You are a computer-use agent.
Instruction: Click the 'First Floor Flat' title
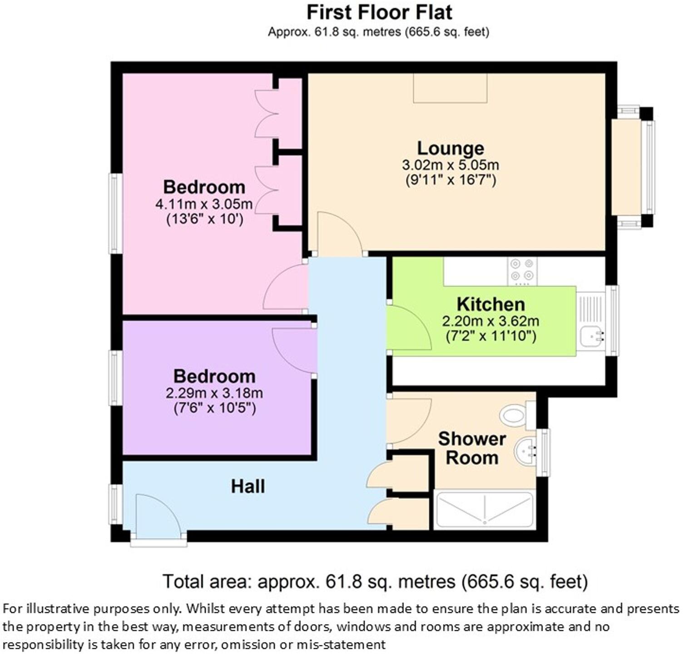click(379, 12)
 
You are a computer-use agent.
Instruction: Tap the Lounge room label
click(450, 148)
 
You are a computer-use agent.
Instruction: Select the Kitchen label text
click(490, 304)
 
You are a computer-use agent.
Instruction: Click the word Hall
click(248, 487)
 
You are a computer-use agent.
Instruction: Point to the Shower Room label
click(472, 448)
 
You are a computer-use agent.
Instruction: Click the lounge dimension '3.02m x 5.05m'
click(450, 165)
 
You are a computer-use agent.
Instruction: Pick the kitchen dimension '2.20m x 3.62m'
click(490, 322)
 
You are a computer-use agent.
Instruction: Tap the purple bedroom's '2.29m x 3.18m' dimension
click(214, 393)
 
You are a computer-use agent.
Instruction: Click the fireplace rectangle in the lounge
click(450, 88)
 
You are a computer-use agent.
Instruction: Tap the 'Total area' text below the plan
click(375, 581)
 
